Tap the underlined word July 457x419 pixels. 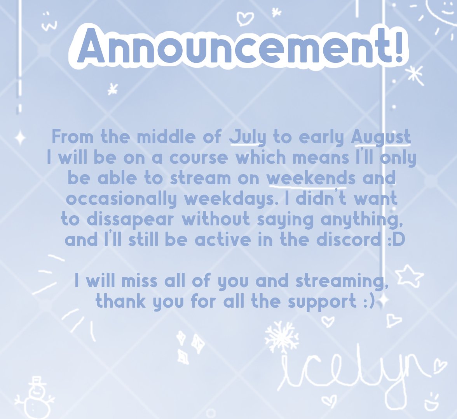[x=248, y=137]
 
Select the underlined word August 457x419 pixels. [x=381, y=137]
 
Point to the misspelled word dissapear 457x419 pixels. [x=130, y=219]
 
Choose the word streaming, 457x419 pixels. [x=342, y=281]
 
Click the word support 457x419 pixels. [x=322, y=302]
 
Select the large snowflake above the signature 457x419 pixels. [x=281, y=336]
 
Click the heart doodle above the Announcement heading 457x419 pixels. [x=244, y=18]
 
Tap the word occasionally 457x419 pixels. [x=121, y=199]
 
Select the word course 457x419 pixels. [x=199, y=158]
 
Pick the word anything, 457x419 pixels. [x=362, y=219]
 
